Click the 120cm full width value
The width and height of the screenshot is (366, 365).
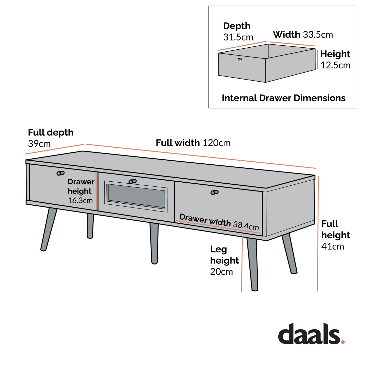217,143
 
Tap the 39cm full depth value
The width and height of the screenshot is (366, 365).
39,144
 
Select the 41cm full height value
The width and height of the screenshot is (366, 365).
332,246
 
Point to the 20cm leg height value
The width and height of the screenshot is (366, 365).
221,272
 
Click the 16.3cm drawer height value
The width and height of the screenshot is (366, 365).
80,200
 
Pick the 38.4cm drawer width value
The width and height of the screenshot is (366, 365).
246,225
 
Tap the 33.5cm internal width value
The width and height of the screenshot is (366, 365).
318,35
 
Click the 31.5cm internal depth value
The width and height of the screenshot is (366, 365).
238,37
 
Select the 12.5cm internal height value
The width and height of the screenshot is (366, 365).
335,65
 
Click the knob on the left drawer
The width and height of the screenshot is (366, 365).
60,173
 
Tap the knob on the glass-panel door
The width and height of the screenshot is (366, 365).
132,181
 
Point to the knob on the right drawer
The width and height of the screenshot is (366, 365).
215,192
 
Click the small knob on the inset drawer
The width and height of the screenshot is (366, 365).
240,59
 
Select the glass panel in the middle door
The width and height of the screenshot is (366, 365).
136,196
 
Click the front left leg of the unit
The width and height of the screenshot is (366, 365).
48,229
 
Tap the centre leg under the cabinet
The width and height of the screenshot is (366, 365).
154,243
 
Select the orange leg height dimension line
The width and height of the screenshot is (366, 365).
242,265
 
